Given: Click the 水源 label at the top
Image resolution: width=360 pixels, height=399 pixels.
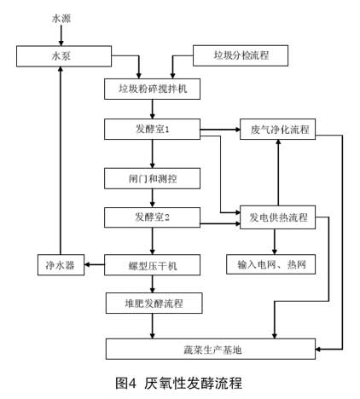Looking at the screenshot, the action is (x=61, y=19).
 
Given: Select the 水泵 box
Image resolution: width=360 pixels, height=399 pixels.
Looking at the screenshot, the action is (x=64, y=56).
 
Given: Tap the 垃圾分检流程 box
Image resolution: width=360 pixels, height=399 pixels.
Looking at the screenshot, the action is (x=241, y=55).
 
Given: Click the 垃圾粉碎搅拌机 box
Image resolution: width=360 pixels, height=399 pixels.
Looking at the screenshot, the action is (x=152, y=89).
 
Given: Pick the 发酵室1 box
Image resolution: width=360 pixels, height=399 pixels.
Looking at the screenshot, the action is (x=152, y=130).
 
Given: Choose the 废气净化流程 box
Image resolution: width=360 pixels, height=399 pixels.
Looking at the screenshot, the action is (x=278, y=130).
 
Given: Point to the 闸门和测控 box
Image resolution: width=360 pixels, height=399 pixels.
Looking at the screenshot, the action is (x=152, y=178).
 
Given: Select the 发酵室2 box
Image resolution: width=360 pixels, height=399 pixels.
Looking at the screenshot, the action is (x=152, y=217).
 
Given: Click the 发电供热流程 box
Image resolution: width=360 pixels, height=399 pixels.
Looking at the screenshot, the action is (x=278, y=217).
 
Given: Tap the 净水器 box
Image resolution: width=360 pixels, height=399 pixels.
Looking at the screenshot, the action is (x=61, y=265).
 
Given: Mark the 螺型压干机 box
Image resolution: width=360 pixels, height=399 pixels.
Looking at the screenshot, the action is (x=152, y=265).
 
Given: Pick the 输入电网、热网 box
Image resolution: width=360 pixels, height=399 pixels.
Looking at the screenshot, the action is (x=270, y=264).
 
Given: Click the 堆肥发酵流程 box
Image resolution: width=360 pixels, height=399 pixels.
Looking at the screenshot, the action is (x=154, y=304).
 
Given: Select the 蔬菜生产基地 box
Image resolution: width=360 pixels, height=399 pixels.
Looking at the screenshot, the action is (x=211, y=349).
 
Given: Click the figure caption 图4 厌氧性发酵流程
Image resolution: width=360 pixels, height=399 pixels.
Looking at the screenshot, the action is (x=178, y=383).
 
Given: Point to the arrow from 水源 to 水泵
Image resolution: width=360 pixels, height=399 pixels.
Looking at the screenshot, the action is (x=61, y=35).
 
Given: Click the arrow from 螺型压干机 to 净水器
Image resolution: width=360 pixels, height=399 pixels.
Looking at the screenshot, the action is (x=95, y=264).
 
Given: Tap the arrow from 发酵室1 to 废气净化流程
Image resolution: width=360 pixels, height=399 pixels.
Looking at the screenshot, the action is (x=220, y=130).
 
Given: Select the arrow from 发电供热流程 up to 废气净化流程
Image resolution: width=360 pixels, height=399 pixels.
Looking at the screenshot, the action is (x=278, y=173).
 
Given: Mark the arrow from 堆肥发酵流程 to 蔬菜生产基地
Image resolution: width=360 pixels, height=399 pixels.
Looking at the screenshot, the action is (x=153, y=326).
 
